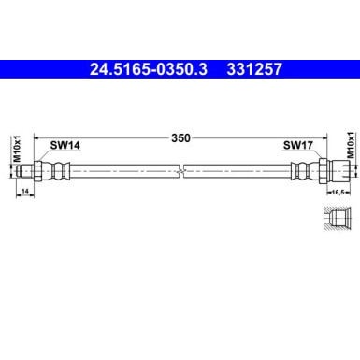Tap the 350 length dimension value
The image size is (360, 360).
click(180, 137)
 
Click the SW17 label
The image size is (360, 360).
click(296, 146)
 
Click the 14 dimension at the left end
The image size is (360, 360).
click(24, 190)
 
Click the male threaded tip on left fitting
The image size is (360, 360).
click(30, 170)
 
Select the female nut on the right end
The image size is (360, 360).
click(338, 170)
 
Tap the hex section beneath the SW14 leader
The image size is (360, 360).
click(46, 170)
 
